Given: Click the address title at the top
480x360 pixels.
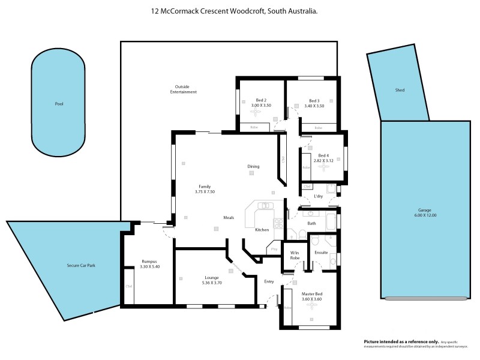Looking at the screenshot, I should [x=235, y=11].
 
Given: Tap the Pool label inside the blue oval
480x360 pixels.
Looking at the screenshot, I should [x=59, y=104].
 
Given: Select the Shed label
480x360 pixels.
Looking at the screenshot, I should [x=400, y=90].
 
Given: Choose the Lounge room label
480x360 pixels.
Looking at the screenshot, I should [x=211, y=278].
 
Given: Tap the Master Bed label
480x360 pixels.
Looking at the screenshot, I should [x=311, y=294].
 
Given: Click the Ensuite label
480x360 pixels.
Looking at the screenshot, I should [x=321, y=253].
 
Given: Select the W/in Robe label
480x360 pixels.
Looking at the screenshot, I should [x=295, y=256].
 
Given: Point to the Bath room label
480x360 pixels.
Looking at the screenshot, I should [x=311, y=224].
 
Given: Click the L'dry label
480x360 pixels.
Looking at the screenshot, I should [x=319, y=196].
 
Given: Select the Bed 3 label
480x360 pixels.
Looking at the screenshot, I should [x=314, y=100].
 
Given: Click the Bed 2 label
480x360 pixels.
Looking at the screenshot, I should [x=261, y=100].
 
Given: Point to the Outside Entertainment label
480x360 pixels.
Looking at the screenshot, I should [x=184, y=89].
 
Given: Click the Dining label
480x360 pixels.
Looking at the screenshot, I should [x=253, y=166].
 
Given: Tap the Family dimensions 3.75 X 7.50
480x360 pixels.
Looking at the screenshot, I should [x=205, y=191].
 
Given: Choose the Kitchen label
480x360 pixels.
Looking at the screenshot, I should [x=262, y=230].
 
